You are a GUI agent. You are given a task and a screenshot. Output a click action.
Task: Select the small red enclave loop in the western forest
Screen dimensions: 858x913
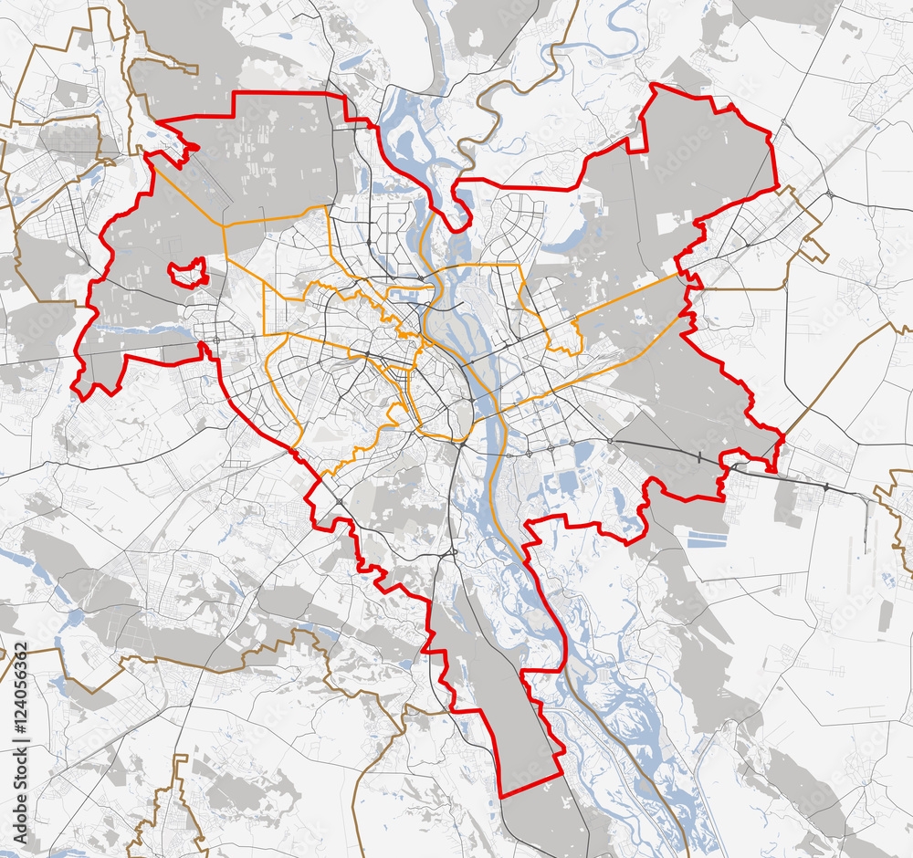188,272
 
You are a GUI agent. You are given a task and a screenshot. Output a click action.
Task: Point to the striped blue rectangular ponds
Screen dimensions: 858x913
707,539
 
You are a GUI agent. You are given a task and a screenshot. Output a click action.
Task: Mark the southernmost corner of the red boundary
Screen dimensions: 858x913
502,796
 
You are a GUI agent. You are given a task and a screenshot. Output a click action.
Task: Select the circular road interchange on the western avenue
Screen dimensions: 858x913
216,340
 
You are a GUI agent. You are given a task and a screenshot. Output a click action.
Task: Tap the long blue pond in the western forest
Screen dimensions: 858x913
137,330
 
